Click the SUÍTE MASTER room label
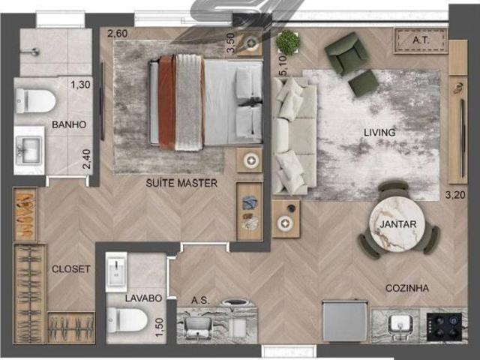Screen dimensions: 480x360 click(181, 183)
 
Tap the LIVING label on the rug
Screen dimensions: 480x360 click(379, 133)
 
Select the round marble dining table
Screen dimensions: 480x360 click(397, 224)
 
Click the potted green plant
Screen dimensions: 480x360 click(288, 42)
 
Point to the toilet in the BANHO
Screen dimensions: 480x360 click(35, 100)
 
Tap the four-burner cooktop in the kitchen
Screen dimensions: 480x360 click(444, 327)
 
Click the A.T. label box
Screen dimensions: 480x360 click(421, 40)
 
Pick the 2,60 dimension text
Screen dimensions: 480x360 click(118, 33)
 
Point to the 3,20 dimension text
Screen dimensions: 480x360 click(455, 195)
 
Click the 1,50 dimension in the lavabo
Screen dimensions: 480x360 click(160, 327)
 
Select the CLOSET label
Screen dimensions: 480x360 click(70, 269)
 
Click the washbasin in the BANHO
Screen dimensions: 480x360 click(29, 150)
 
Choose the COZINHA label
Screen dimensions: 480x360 click(406, 288)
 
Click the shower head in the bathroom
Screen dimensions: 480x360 click(34, 52)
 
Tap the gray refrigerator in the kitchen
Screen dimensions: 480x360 click(345, 321)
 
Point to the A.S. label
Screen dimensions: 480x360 click(200, 301)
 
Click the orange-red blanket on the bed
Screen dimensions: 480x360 click(166, 103)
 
